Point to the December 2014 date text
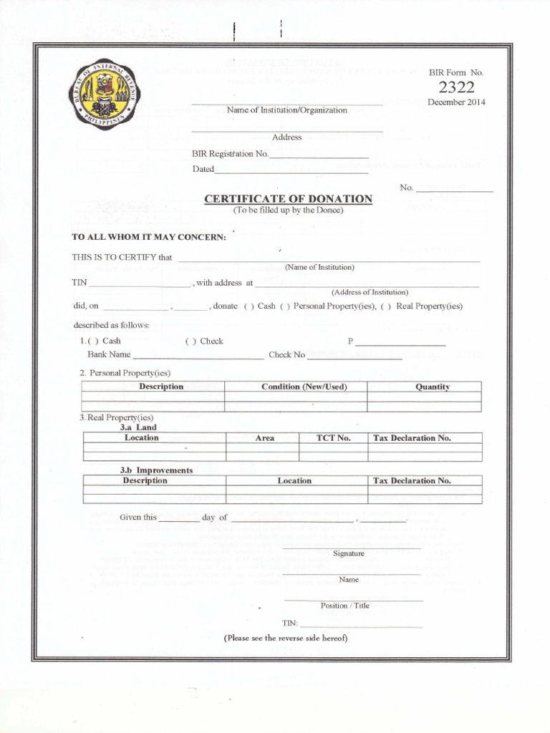456,102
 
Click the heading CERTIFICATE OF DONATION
288,198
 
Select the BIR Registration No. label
229,154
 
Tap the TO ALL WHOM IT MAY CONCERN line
149,237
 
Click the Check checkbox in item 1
190,341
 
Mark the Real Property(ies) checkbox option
385,306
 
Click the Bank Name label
109,354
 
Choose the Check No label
286,355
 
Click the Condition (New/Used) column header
304,387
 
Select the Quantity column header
433,387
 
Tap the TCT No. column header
334,438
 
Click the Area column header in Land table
264,438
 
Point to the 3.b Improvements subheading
156,470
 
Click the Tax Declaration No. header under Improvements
412,481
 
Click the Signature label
349,553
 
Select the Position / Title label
344,606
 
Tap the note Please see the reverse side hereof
286,637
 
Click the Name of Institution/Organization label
286,110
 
